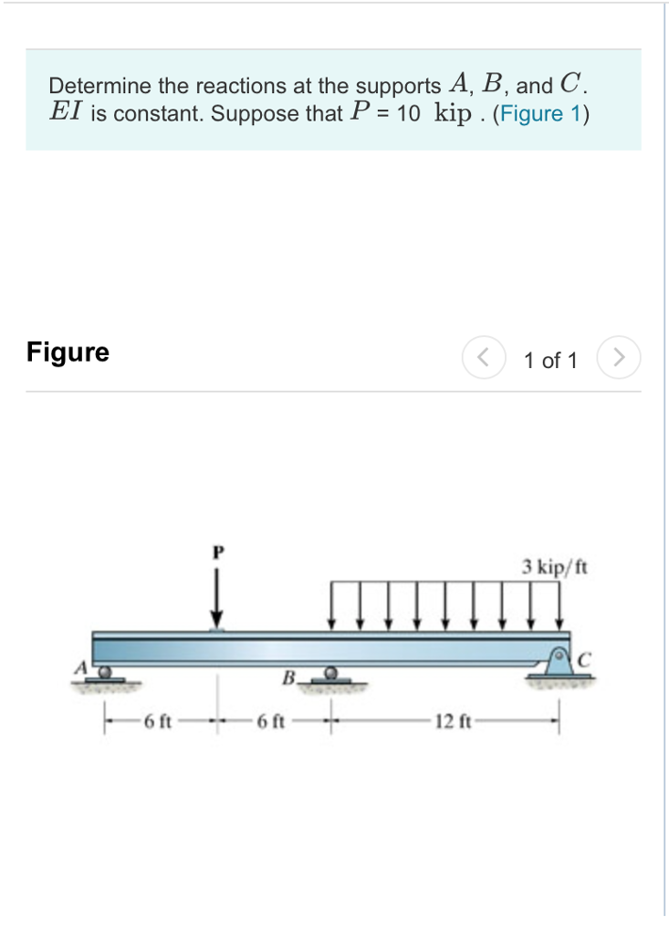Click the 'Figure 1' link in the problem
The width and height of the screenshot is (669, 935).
(x=540, y=114)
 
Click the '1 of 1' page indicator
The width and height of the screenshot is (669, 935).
(x=550, y=361)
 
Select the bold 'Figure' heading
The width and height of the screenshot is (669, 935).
(x=68, y=352)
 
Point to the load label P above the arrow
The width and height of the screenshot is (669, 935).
(x=217, y=553)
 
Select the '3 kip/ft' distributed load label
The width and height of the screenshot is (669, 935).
(x=555, y=567)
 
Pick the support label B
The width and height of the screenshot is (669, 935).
(x=288, y=678)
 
